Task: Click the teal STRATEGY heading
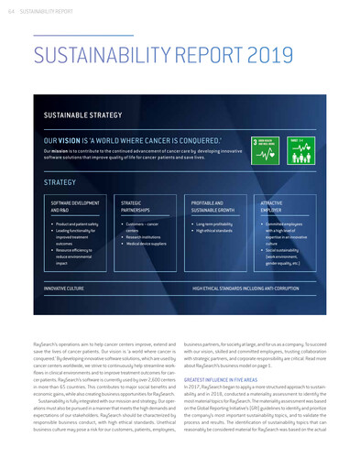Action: (60, 183)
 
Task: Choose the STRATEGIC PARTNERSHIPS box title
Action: (137, 205)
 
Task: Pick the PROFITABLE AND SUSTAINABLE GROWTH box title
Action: (212, 205)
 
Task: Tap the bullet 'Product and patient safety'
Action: (78, 224)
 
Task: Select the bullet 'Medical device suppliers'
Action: (147, 243)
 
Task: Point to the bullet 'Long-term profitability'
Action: (216, 224)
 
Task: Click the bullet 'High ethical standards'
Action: (216, 230)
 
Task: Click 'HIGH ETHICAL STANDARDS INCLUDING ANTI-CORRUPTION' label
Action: (245, 288)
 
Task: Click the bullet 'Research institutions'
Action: (145, 236)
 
